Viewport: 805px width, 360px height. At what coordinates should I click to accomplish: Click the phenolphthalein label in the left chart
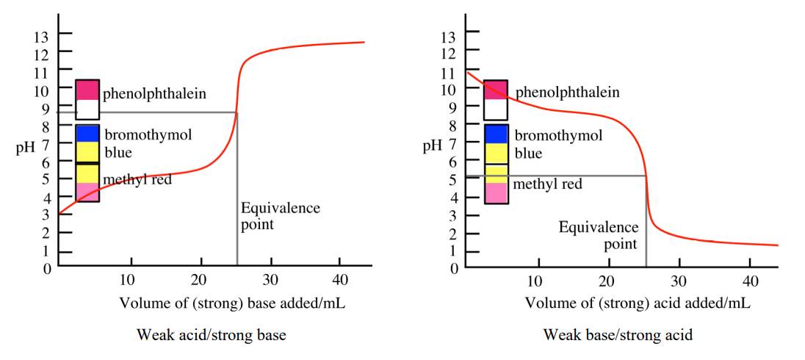pos(154,94)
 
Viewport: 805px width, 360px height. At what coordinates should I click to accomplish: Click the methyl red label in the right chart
pos(547,184)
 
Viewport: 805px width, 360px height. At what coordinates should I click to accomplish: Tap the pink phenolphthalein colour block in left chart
pos(87,90)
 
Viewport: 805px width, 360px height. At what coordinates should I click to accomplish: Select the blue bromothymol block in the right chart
pos(496,134)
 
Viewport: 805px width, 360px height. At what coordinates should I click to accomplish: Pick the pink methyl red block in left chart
pos(87,192)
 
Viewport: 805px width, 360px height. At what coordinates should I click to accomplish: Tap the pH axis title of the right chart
pos(432,145)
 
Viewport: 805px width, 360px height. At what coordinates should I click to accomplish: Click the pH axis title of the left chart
pos(25,146)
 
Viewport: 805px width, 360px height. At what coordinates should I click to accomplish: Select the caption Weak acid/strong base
pos(211,335)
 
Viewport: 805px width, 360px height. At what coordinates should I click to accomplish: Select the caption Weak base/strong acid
pos(618,335)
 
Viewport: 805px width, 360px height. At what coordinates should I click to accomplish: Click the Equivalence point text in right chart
pos(599,235)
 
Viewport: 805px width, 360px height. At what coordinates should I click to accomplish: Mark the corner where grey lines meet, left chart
pos(237,112)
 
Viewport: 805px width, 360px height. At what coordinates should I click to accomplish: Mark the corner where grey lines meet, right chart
pos(646,176)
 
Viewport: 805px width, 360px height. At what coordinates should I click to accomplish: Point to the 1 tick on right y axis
pos(453,251)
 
